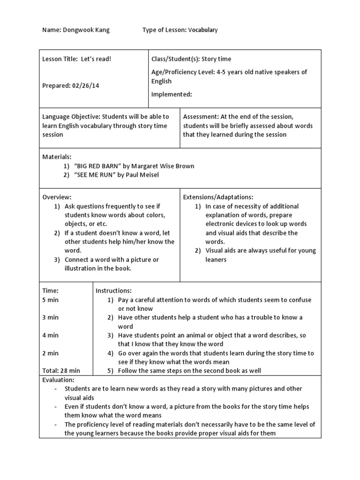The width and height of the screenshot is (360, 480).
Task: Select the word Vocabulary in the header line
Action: (x=203, y=30)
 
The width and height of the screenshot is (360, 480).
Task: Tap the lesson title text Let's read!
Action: (x=96, y=59)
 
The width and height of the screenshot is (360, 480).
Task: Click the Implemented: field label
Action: (x=172, y=94)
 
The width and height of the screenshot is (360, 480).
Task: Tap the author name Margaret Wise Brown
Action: (x=163, y=166)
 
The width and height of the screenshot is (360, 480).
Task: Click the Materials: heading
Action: (x=57, y=157)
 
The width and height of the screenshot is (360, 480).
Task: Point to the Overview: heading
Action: (x=57, y=197)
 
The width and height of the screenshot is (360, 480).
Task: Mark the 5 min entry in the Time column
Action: (x=51, y=300)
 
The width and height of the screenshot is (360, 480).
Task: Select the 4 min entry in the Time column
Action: (x=51, y=335)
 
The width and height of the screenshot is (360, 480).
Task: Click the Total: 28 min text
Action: (x=61, y=371)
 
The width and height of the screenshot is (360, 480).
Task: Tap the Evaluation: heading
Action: (x=59, y=380)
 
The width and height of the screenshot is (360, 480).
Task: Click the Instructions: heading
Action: (x=113, y=291)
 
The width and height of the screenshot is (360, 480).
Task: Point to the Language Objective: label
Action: (x=71, y=117)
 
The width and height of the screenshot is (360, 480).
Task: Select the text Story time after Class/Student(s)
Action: (x=217, y=59)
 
